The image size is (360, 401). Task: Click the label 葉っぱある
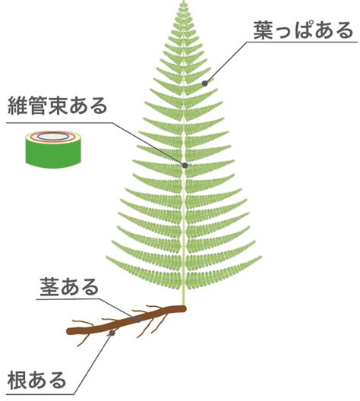(303, 30)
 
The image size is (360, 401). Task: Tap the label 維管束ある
(58, 106)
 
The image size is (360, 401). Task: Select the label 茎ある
(69, 287)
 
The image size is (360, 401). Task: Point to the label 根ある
(36, 380)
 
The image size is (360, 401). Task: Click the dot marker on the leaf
(205, 83)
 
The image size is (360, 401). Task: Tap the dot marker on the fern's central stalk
(185, 166)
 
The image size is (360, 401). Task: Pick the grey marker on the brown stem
(138, 320)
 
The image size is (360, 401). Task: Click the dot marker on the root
(112, 333)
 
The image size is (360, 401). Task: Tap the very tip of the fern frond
(183, 1)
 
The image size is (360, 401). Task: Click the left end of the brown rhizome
(68, 331)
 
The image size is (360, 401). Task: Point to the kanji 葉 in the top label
(263, 30)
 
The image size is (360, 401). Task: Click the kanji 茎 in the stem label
(49, 287)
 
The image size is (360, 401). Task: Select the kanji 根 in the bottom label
(17, 380)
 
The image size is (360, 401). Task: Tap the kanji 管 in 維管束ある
(37, 106)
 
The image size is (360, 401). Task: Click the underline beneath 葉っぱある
(302, 42)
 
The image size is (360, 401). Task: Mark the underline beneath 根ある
(40, 394)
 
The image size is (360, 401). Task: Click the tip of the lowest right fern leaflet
(262, 257)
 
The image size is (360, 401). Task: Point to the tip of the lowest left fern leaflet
(107, 257)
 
